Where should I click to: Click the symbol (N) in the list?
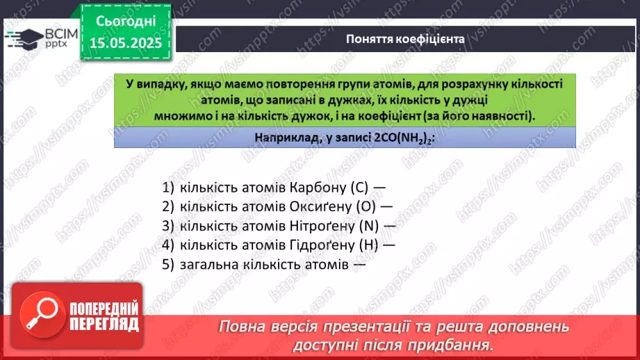coord(371,226)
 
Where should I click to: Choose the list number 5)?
coord(167,264)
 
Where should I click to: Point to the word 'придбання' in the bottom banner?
coord(459,344)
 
